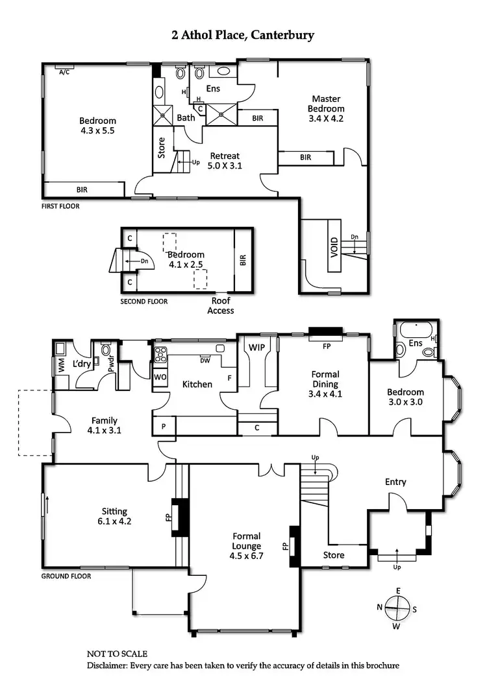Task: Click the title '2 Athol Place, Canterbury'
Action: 243,35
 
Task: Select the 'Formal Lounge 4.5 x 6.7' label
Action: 246,541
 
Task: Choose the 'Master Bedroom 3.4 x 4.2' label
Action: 326,109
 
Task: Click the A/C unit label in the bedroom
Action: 64,72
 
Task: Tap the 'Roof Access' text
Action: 220,305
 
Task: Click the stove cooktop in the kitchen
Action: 160,355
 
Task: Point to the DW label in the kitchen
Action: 205,361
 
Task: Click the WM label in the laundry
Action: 60,364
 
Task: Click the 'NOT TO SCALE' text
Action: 117,654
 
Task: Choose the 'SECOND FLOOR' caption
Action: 144,302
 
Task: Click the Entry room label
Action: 395,481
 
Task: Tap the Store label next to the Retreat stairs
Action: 162,147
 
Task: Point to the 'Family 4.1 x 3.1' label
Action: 105,425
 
